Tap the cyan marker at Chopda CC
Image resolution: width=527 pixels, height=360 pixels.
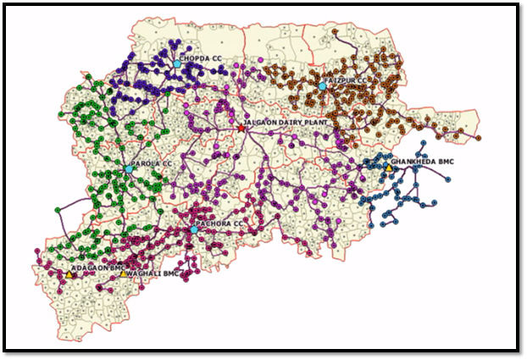click(177, 64)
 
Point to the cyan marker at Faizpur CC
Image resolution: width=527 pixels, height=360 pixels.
click(322, 86)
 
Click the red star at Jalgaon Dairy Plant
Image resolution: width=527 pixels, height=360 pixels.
click(241, 128)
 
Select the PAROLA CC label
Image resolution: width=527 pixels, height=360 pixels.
click(153, 163)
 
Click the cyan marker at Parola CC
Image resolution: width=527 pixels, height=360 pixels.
click(129, 169)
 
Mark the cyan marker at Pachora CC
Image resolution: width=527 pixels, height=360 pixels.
click(194, 230)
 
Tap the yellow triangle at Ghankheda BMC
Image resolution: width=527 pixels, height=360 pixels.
click(389, 168)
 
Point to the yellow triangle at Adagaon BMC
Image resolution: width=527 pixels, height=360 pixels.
click(69, 274)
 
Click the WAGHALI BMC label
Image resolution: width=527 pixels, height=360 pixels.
click(153, 274)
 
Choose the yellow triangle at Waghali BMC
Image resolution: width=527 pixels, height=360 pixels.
click(124, 274)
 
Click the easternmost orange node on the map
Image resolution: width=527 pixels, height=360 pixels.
click(479, 137)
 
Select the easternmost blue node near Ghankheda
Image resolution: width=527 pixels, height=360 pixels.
click(448, 178)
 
